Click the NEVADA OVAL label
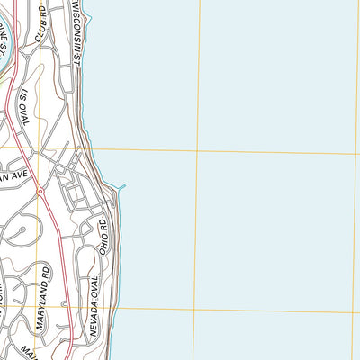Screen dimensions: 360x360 point(95,306)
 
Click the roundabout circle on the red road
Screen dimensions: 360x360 point(40,192)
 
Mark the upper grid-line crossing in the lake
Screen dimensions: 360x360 point(195,151)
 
